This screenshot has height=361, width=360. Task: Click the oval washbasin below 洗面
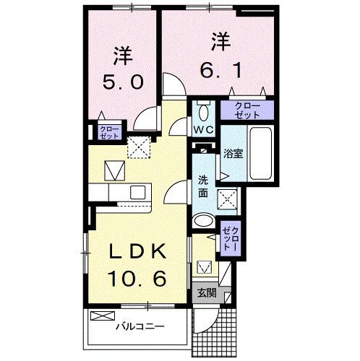204,221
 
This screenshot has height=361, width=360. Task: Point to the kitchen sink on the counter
136,193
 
